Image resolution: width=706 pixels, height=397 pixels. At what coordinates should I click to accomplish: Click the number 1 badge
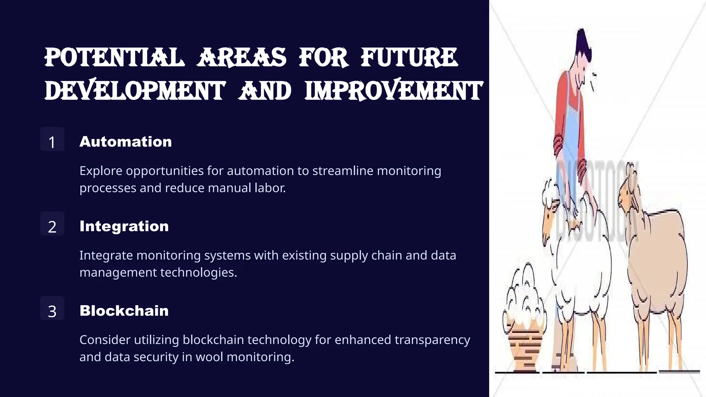[52, 140]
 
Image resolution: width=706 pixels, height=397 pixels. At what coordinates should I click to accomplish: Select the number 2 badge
[52, 224]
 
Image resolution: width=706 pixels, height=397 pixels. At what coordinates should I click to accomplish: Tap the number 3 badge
[52, 309]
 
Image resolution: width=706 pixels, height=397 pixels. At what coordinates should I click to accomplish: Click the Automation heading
[125, 142]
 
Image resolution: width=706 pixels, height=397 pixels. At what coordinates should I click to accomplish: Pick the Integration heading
[124, 226]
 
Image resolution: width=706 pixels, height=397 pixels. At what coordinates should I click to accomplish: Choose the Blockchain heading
[124, 311]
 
